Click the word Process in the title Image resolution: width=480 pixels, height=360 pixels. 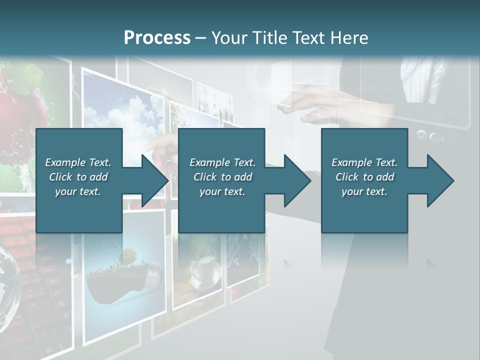tap(157, 38)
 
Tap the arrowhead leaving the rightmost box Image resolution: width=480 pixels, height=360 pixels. tap(439, 180)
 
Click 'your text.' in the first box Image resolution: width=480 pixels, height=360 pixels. tap(78, 191)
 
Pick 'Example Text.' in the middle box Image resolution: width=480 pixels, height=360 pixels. tap(222, 162)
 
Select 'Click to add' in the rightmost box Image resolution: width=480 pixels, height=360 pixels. tap(365, 177)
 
